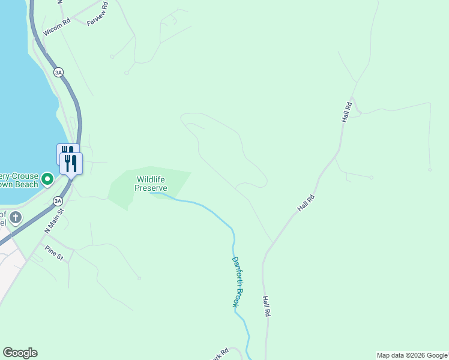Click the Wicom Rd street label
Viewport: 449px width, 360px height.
pos(57,28)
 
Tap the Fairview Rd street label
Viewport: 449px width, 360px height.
pos(97,15)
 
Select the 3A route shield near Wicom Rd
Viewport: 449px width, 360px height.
pos(58,72)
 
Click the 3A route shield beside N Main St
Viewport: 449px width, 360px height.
pos(58,201)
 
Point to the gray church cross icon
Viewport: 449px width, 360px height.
pos(16,217)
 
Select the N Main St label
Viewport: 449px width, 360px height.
pos(53,221)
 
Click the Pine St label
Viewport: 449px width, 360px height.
pos(53,252)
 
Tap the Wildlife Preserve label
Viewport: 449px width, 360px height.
pos(150,184)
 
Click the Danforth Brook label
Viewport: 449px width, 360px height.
pos(238,282)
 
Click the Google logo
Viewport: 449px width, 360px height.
pos(20,353)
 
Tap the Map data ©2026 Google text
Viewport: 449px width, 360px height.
pos(412,355)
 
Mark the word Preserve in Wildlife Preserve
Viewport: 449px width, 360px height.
pos(151,188)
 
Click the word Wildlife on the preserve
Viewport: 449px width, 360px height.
pos(151,179)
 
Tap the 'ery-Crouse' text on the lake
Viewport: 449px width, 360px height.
pos(19,178)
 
